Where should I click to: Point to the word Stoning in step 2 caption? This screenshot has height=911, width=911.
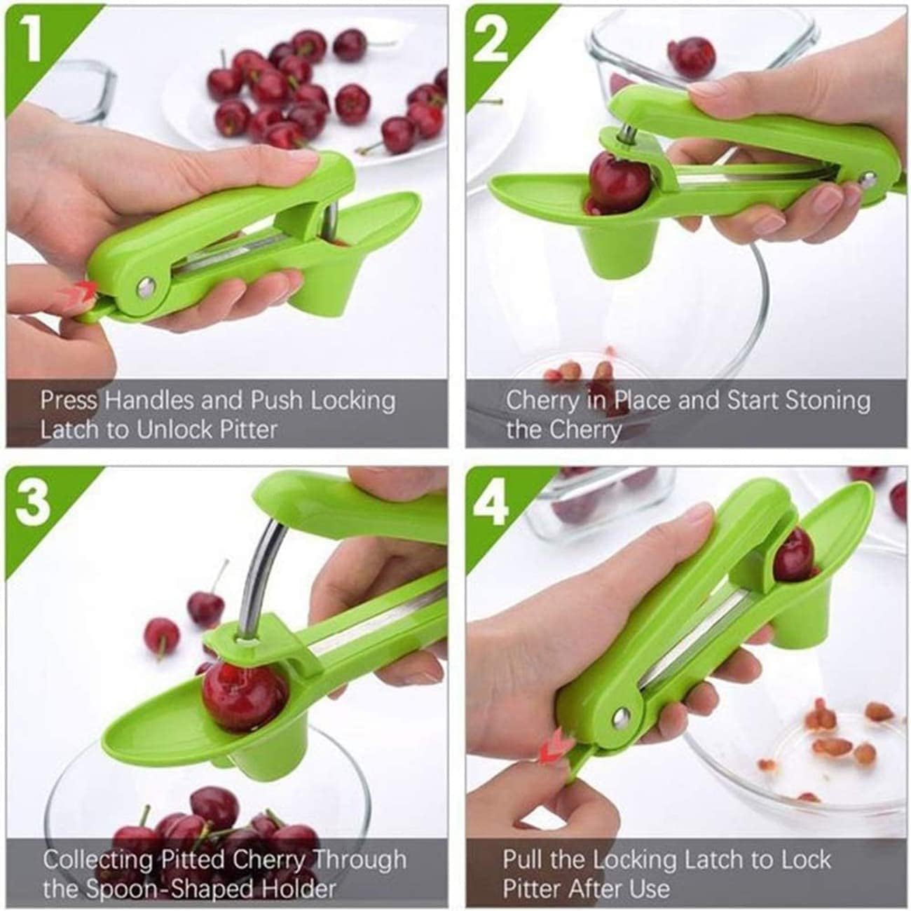(827, 401)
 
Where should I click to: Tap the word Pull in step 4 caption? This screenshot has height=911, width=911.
(523, 859)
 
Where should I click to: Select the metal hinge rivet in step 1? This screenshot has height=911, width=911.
(146, 286)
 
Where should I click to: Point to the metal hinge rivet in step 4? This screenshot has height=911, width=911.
(619, 715)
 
